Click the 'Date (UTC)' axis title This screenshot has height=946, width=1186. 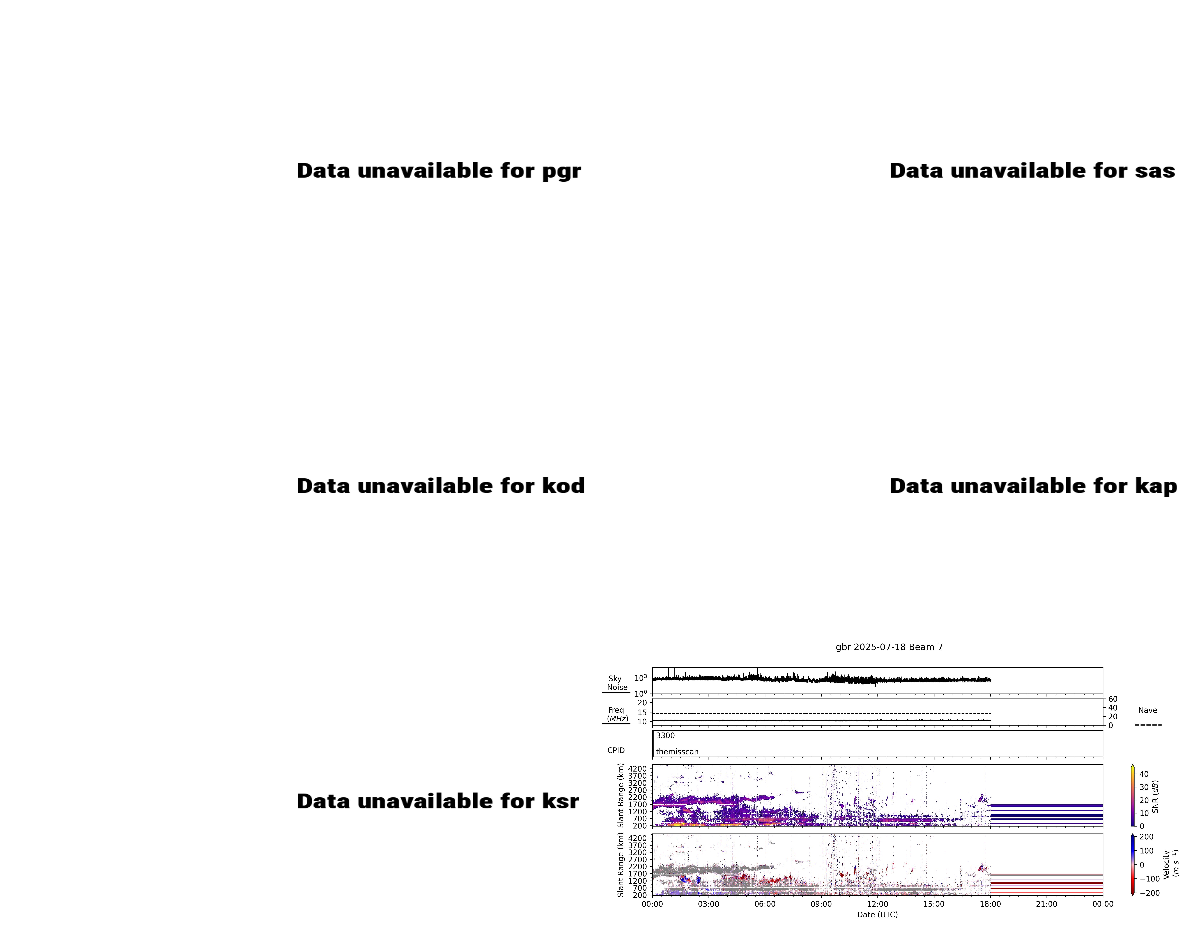click(x=877, y=915)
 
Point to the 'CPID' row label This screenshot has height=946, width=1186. click(x=616, y=750)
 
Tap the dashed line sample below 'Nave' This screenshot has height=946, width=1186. click(x=1148, y=725)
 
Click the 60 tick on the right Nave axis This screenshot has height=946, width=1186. click(x=1113, y=699)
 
